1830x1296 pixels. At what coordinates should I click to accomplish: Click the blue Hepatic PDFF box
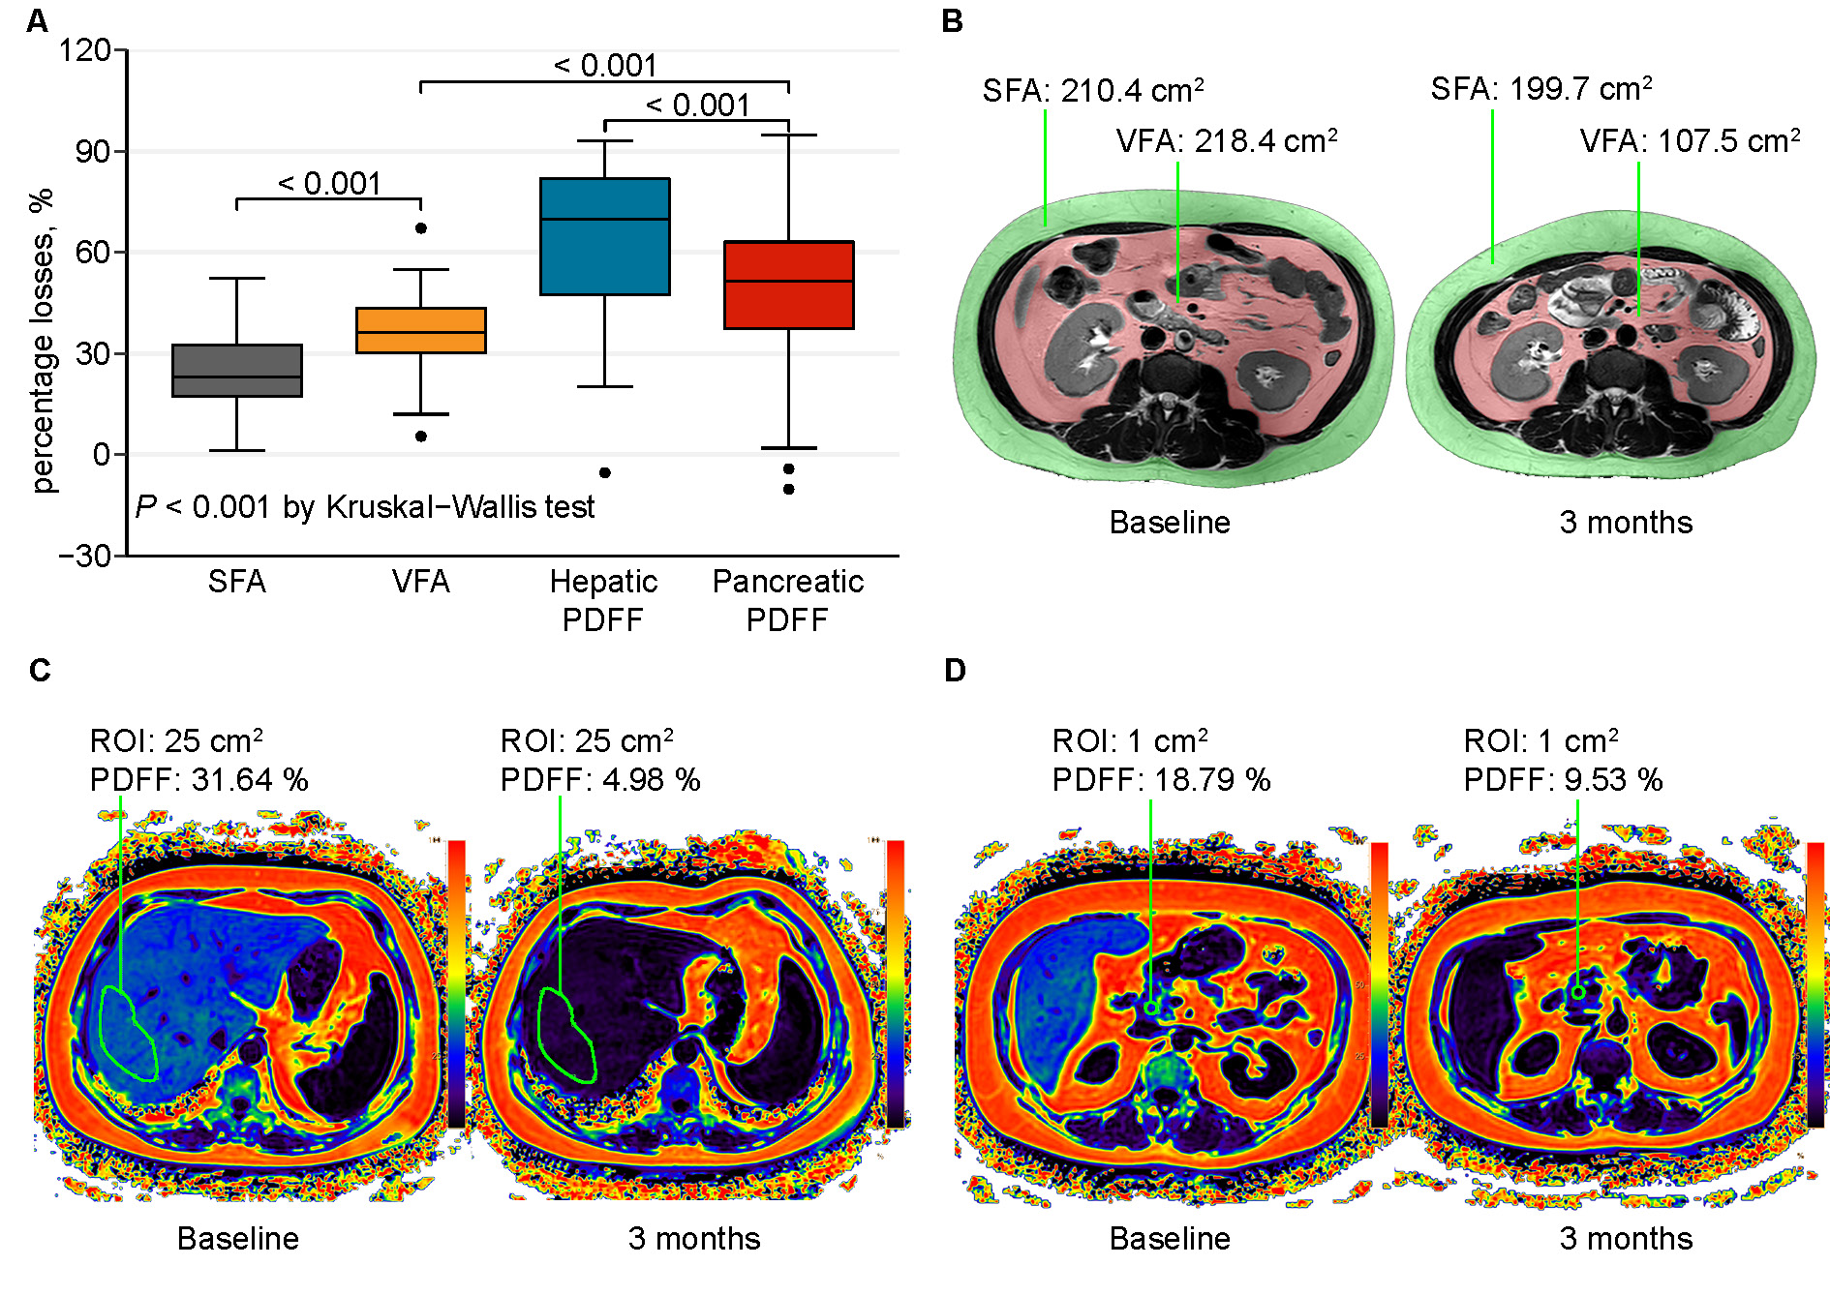pos(604,236)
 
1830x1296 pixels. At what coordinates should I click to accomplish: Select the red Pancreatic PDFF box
pos(788,285)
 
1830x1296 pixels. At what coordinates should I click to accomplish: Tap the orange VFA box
pos(420,330)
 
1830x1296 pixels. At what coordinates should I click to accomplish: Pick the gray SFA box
pos(236,370)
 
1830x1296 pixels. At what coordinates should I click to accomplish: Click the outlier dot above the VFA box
pos(421,228)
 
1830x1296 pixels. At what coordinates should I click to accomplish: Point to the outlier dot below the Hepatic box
pos(605,472)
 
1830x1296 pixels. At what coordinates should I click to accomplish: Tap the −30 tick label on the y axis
pos(85,556)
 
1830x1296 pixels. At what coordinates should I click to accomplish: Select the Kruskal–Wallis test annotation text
pos(364,506)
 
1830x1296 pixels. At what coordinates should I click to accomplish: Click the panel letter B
pos(952,21)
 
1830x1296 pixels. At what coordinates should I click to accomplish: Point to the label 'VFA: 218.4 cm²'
pos(1226,141)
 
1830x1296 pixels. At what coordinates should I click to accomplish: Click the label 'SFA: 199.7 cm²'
pos(1540,89)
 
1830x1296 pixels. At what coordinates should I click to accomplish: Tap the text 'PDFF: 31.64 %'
pos(198,779)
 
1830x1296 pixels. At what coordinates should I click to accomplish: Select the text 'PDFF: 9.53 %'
pos(1562,779)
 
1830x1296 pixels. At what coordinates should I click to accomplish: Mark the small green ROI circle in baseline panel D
pos(1151,1009)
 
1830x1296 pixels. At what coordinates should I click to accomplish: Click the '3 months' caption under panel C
pos(693,1238)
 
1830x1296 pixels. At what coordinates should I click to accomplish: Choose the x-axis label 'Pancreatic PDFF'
pos(787,599)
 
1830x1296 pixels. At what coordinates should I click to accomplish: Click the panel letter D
pos(955,670)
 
